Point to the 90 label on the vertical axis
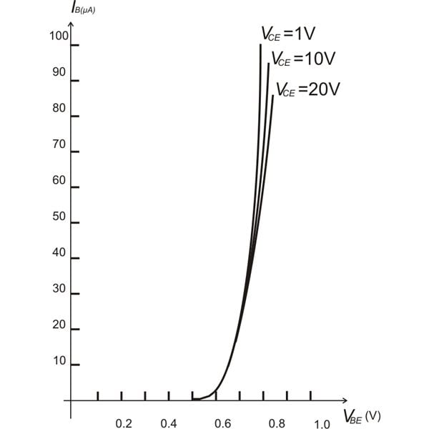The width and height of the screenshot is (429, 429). coord(59,73)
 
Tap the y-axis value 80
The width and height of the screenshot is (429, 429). coord(59,109)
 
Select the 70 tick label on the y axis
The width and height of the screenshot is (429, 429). coord(59,145)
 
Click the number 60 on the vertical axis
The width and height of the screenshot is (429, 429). coord(59,181)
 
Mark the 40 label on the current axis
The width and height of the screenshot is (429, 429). coord(59,253)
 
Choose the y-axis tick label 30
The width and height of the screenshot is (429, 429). coord(59,289)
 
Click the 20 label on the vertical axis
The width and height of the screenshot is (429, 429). coord(59,325)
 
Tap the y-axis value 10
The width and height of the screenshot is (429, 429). coord(59,361)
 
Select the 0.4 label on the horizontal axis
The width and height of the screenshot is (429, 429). coord(169,423)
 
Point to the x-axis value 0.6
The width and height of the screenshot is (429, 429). coord(223,423)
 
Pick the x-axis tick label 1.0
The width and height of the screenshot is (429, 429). coord(321,424)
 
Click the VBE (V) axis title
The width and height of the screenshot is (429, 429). coord(362,416)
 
